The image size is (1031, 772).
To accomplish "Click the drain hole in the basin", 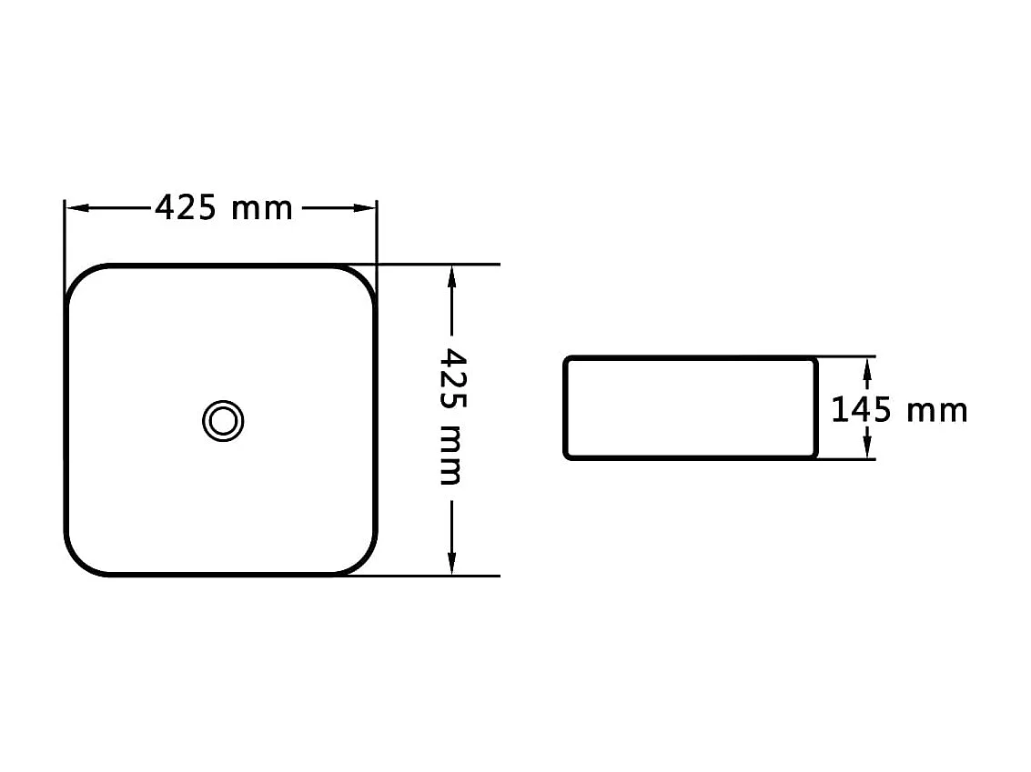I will pyautogui.click(x=222, y=421).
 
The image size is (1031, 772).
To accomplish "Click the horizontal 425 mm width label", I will pyautogui.click(x=223, y=208).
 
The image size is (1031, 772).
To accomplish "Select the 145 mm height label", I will pyautogui.click(x=899, y=410).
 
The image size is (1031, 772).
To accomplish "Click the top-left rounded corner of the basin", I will pyautogui.click(x=80, y=279).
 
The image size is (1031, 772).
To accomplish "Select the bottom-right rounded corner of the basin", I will pyautogui.click(x=361, y=561).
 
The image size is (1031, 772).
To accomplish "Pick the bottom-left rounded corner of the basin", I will pyautogui.click(x=80, y=561).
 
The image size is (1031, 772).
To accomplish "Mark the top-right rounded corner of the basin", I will pyautogui.click(x=361, y=279).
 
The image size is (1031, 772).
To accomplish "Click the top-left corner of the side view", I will pyautogui.click(x=567, y=360).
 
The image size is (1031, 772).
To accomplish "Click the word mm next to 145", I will pyautogui.click(x=937, y=412).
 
